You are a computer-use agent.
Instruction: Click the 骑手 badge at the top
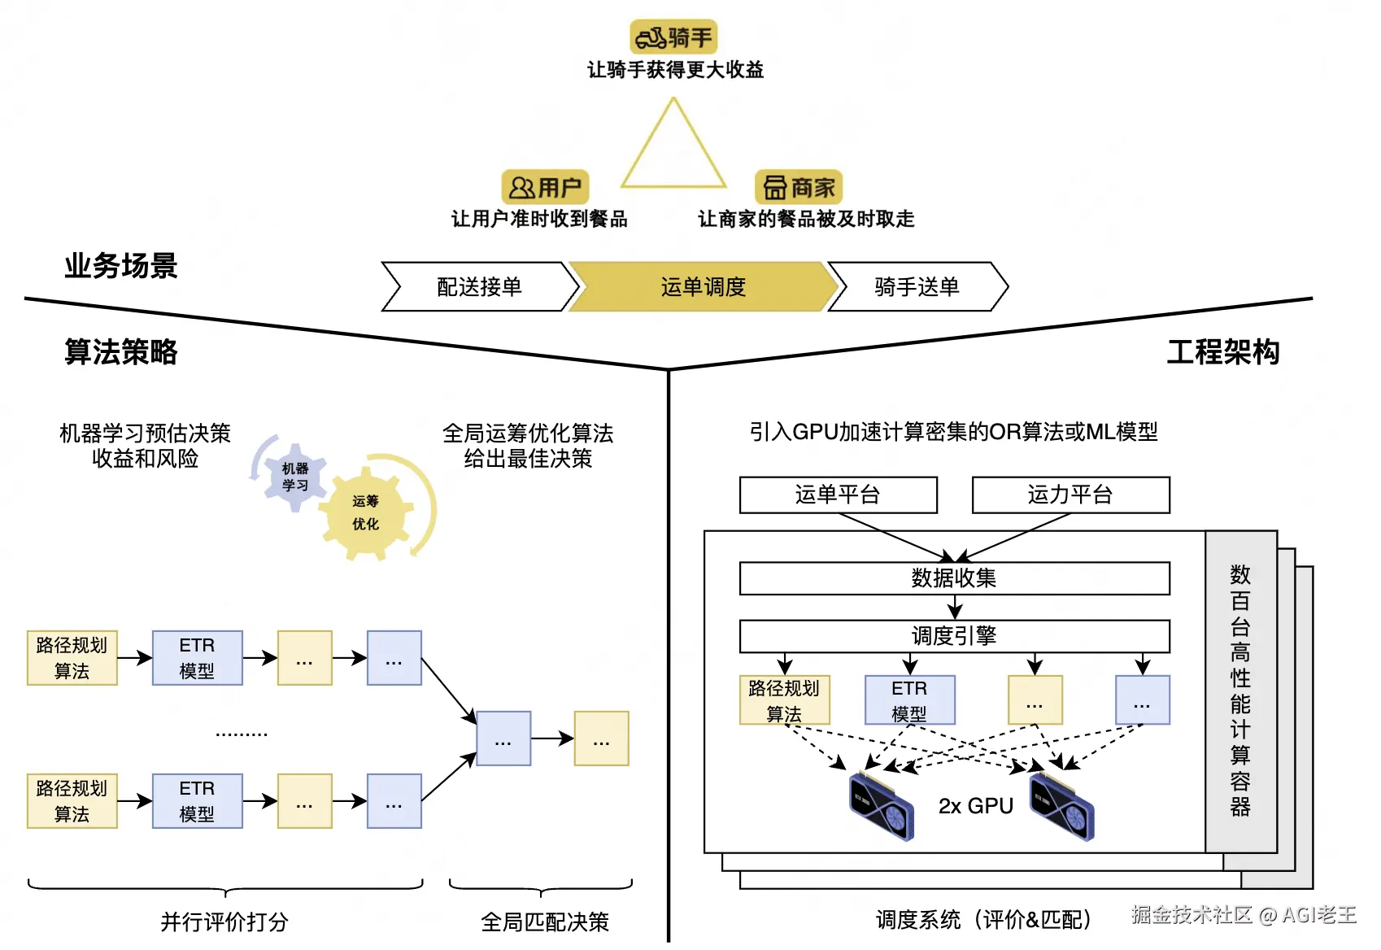point(673,37)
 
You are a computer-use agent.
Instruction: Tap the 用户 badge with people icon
point(545,187)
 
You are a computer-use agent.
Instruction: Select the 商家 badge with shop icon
point(799,187)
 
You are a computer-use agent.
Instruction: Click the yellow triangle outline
point(673,142)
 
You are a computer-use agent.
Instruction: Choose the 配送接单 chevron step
point(481,286)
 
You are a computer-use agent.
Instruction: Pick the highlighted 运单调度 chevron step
point(704,286)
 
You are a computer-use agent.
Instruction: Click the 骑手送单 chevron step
point(917,286)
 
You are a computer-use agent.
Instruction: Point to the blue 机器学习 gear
point(294,477)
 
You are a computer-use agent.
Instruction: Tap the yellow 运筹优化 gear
point(366,513)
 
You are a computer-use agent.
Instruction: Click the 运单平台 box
point(839,495)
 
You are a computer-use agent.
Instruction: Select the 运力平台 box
point(1071,495)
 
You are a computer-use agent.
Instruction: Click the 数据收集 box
point(954,578)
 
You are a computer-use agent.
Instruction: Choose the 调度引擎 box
point(954,636)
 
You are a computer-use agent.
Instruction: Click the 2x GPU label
point(975,806)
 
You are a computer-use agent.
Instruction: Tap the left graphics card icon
point(882,806)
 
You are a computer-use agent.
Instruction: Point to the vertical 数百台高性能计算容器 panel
point(1241,691)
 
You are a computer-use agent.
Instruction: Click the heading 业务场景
point(121,266)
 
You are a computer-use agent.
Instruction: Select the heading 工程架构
point(1223,352)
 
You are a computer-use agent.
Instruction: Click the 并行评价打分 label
point(224,922)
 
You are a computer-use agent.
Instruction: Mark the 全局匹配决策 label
point(545,922)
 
